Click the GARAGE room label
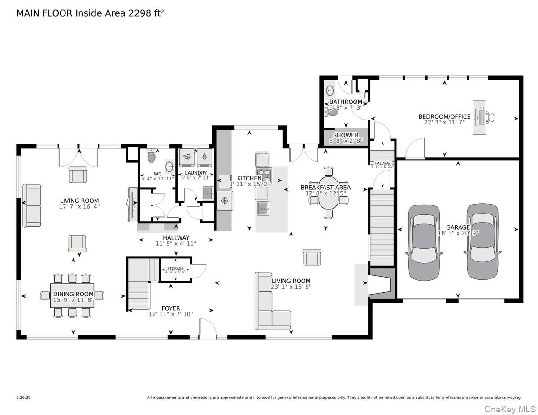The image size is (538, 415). click(458, 227)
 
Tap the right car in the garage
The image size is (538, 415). click(482, 242)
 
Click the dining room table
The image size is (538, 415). click(72, 295)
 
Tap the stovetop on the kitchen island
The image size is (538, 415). click(263, 174)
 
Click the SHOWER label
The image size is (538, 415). click(346, 135)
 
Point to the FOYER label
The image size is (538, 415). click(171, 308)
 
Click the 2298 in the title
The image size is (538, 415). click(136, 13)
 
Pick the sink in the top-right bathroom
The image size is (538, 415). click(330, 91)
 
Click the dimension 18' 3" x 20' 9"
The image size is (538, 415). click(458, 233)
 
